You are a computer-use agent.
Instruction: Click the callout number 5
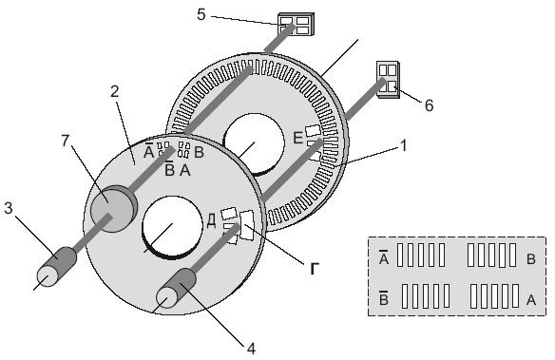click(201, 15)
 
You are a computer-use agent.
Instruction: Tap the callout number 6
click(429, 105)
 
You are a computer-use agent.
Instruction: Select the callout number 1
click(404, 145)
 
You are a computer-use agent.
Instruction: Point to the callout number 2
click(115, 91)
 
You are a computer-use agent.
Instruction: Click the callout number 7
click(66, 141)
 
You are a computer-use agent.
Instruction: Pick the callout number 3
click(9, 208)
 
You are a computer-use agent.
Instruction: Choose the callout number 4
click(251, 349)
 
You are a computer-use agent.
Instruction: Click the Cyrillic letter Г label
click(315, 269)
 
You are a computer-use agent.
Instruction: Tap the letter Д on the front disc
click(211, 221)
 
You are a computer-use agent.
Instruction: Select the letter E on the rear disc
click(298, 138)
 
